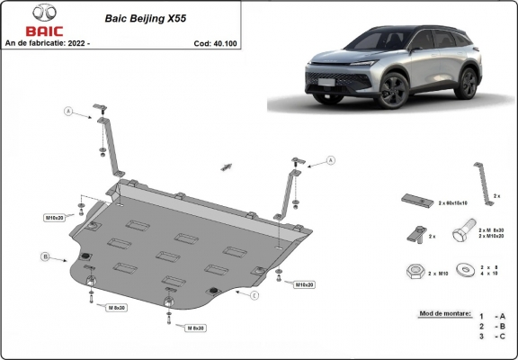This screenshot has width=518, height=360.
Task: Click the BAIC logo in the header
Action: (22, 22)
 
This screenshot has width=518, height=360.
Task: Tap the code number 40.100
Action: (219, 42)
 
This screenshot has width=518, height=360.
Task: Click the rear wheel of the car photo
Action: (468, 83)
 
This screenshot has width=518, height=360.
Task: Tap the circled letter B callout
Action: (46, 258)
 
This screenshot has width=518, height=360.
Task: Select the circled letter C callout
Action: (255, 295)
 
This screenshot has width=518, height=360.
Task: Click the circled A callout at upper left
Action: (68, 112)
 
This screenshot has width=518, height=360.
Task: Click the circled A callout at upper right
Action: (329, 160)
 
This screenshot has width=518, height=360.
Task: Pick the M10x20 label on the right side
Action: (304, 284)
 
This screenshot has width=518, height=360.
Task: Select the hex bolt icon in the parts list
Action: (460, 232)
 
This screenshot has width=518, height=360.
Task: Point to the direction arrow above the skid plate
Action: (228, 166)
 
